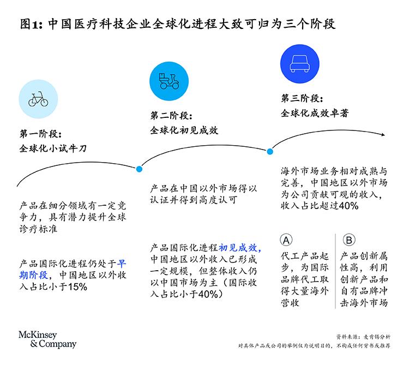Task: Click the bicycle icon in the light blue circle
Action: tap(38, 99)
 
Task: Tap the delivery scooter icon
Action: tap(169, 81)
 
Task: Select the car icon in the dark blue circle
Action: tap(300, 64)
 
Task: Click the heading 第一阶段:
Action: tap(41, 134)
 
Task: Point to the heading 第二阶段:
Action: tap(171, 115)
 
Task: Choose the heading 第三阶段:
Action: tap(302, 98)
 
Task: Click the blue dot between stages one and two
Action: tap(139, 169)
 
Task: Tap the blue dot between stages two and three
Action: tap(270, 152)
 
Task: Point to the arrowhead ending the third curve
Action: tap(383, 135)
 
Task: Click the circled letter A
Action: tap(286, 240)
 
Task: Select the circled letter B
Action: tap(349, 240)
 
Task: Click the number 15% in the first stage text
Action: tap(77, 287)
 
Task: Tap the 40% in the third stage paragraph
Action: tap(348, 206)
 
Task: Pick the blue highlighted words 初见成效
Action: tap(238, 248)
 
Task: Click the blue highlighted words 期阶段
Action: tap(34, 275)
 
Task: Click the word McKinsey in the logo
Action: tap(38, 335)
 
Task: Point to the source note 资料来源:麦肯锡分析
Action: tap(363, 337)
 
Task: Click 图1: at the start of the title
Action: tap(31, 24)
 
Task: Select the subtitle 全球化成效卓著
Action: tap(315, 113)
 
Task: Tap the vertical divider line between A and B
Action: tap(335, 271)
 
